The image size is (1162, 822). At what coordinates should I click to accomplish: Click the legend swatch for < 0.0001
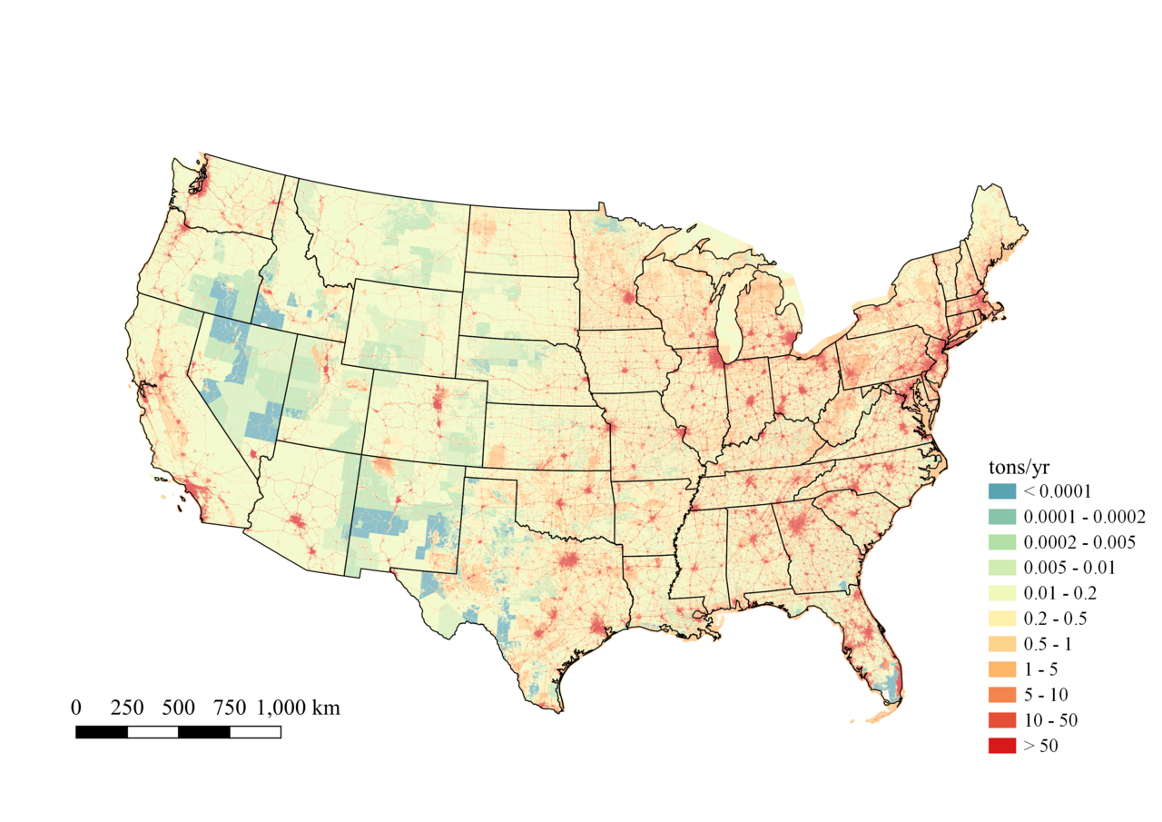coord(1002,491)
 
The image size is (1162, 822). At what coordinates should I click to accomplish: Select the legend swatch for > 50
coord(1002,746)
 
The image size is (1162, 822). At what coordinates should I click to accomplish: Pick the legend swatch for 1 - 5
coord(1002,669)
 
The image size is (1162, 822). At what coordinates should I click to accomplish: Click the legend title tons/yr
coord(1019,468)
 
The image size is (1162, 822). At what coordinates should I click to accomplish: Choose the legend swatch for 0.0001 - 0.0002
coord(1002,517)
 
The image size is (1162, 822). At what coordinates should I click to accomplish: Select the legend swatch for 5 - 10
coord(1002,695)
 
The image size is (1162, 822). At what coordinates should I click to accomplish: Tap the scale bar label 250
coord(127,708)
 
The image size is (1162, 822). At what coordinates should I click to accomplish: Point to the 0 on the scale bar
coord(76,708)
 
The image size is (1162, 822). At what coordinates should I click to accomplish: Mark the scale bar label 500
coord(178,708)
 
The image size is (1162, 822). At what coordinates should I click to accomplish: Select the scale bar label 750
coord(229,708)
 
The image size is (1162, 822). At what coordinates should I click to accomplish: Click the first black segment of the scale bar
coord(102,732)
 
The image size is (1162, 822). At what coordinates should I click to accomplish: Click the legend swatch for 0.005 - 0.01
coord(1002,568)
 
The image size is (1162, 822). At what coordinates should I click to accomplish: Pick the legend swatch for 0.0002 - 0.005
coord(1002,542)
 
